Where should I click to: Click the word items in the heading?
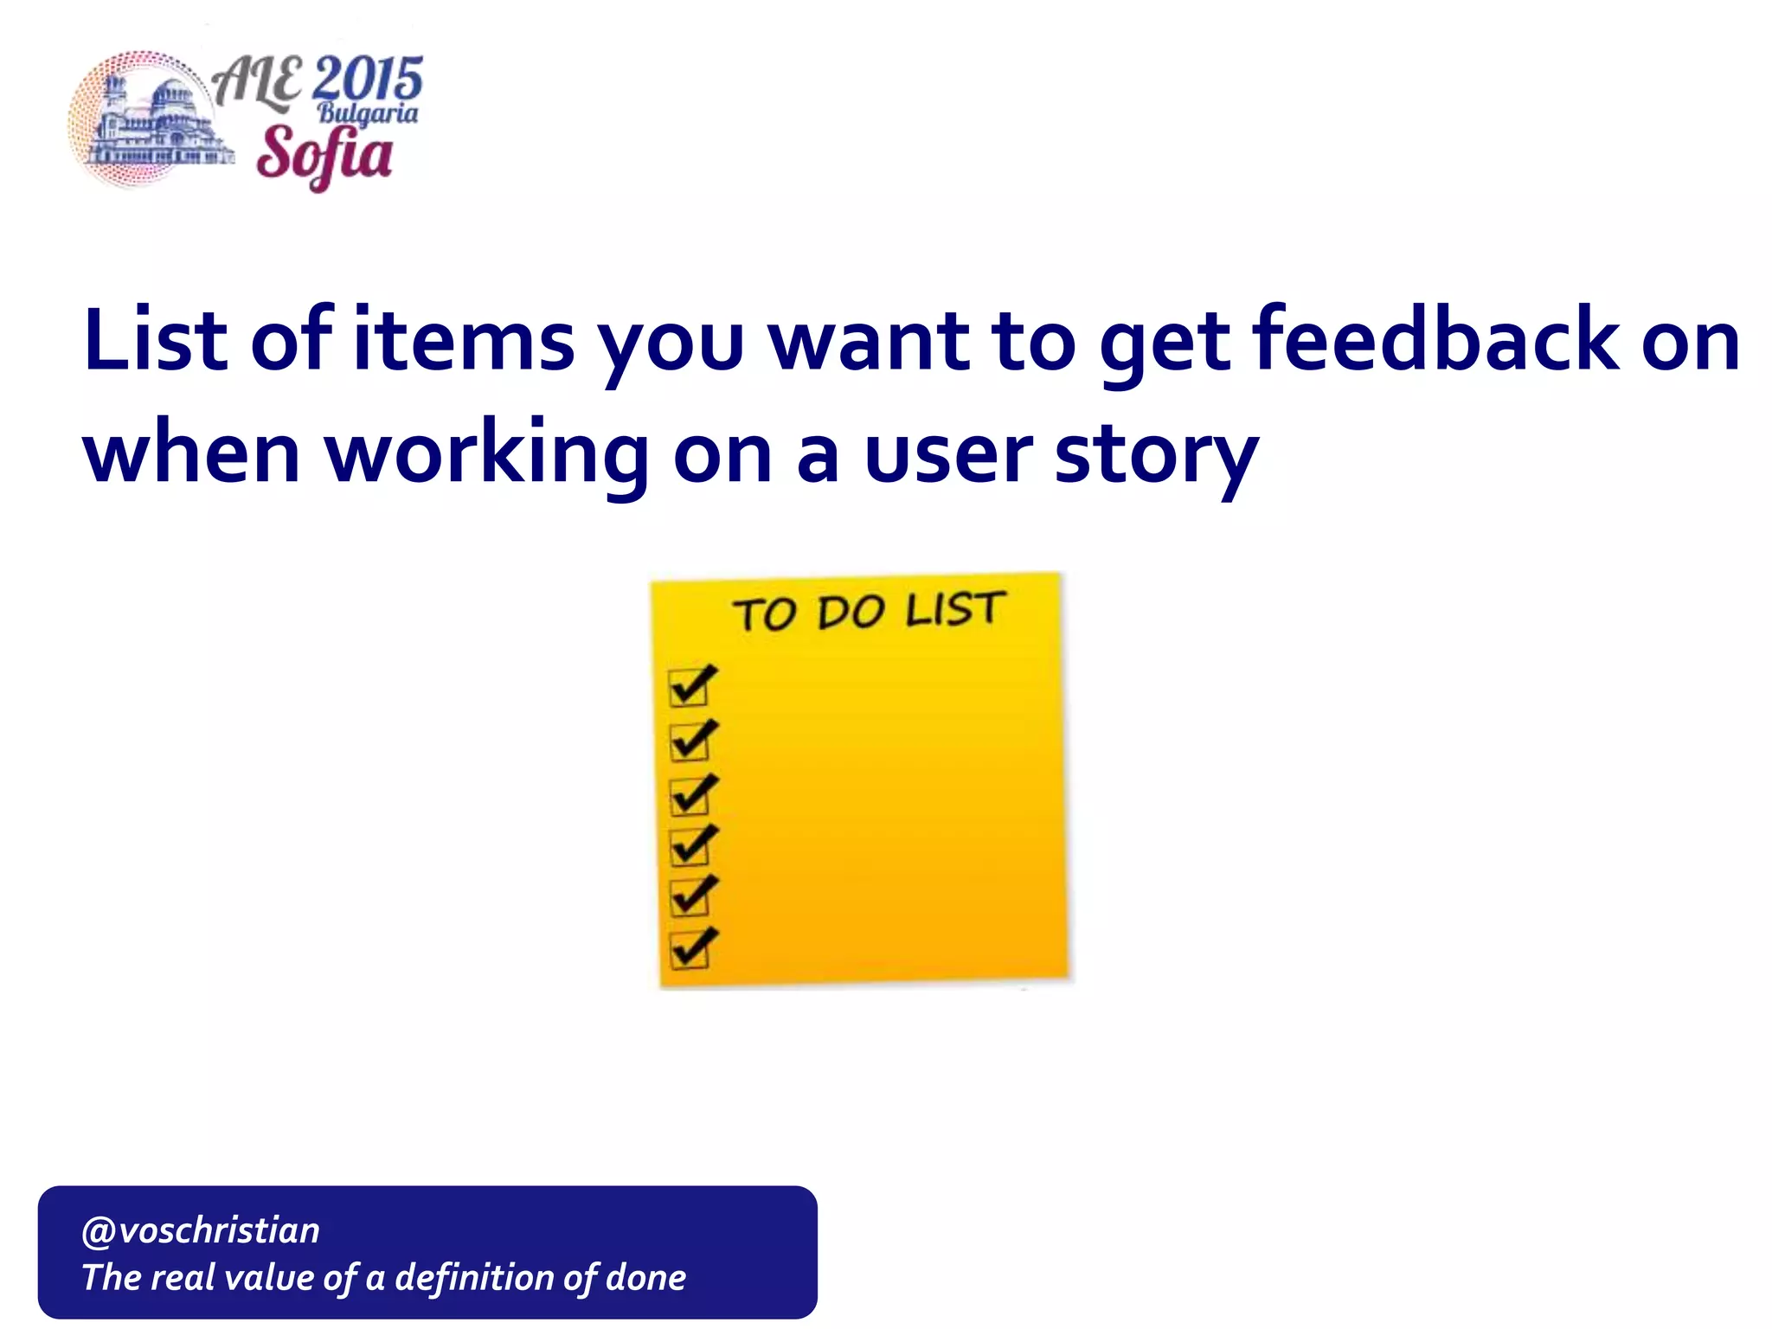(x=464, y=341)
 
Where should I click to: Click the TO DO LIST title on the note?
(x=869, y=611)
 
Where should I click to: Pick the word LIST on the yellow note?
(x=955, y=609)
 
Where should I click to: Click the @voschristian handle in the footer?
(x=200, y=1230)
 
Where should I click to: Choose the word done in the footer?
(x=645, y=1278)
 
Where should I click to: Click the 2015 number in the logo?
(x=367, y=80)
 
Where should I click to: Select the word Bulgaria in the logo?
(x=368, y=113)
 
